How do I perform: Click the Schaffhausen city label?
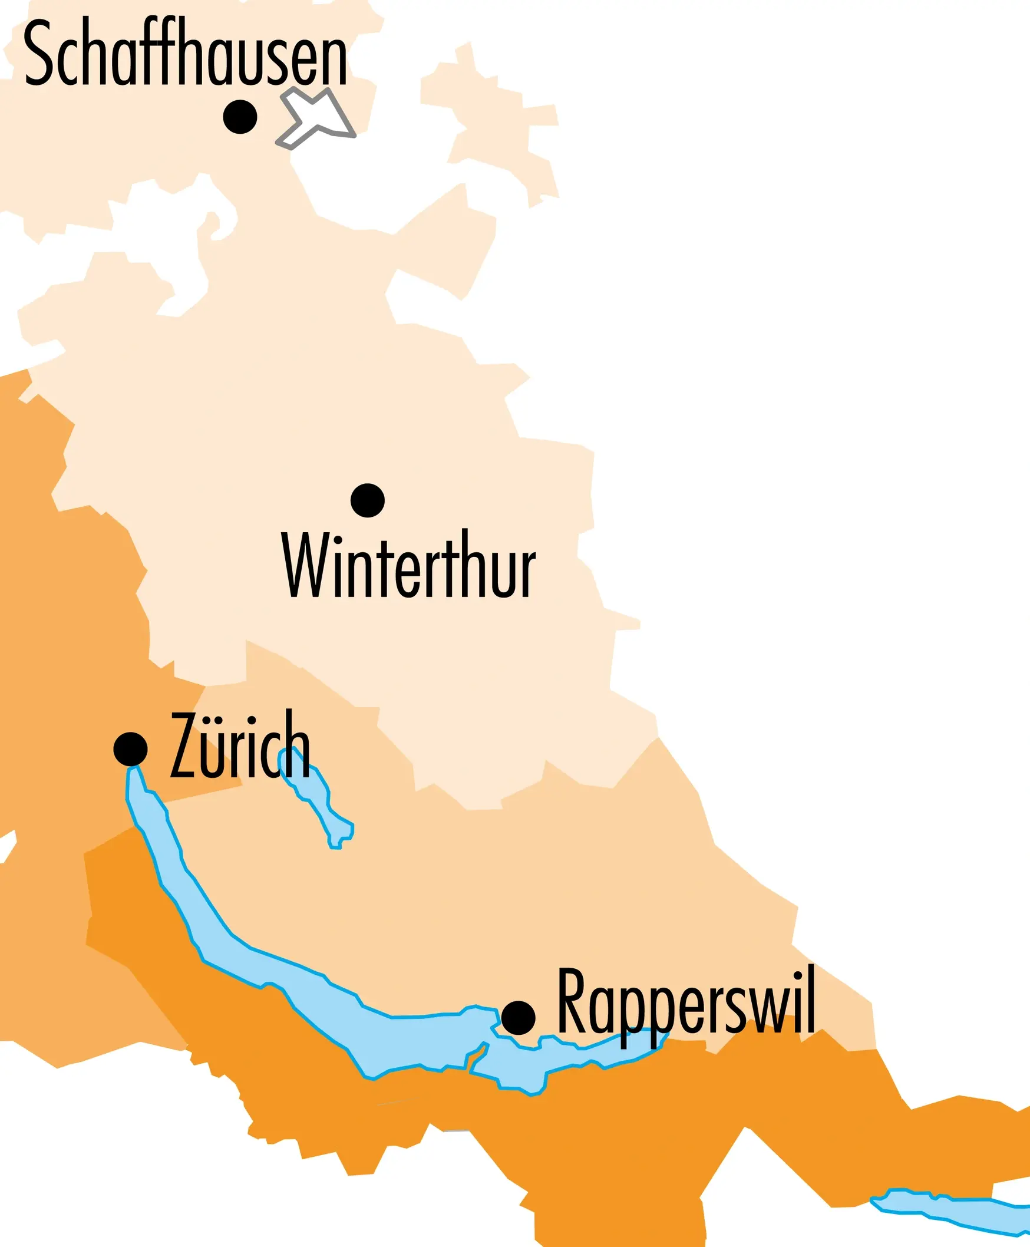click(185, 54)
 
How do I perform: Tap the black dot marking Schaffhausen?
click(240, 117)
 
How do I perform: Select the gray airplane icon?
click(316, 117)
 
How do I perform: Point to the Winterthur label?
click(408, 565)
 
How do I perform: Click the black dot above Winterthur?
click(367, 500)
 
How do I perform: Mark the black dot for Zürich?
click(131, 748)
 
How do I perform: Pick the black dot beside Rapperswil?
click(518, 1017)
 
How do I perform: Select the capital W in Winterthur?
click(306, 565)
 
